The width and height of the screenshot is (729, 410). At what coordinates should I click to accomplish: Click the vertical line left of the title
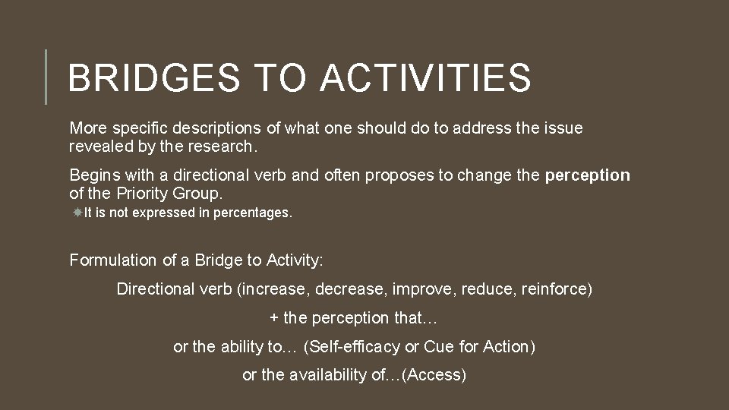pos(46,77)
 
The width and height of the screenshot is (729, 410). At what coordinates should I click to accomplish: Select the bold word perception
pos(588,175)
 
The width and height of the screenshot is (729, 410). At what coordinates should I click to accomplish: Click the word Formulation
pos(112,260)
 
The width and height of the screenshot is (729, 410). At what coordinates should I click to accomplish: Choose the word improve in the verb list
pos(417,289)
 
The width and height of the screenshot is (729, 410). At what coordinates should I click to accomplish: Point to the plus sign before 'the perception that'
pos(274,318)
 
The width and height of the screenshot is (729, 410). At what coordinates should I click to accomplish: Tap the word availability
pos(327,376)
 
